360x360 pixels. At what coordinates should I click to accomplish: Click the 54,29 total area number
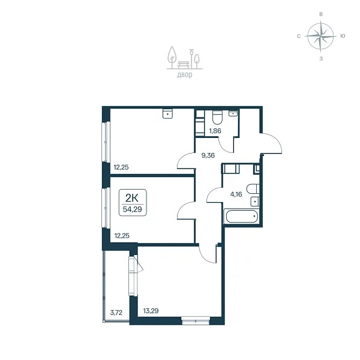pos(132,209)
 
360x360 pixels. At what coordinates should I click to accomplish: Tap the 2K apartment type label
pos(132,197)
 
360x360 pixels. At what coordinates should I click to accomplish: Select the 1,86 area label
pos(215,131)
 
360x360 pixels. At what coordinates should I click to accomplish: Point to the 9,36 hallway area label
pos(208,155)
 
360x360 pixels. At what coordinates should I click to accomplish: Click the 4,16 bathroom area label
pos(236,194)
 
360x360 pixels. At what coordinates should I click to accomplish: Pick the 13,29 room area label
pos(151,311)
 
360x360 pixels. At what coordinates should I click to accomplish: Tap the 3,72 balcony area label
pos(116,313)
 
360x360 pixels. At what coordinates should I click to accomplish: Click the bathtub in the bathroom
pos(242,216)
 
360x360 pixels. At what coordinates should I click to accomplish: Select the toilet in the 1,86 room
pos(217,118)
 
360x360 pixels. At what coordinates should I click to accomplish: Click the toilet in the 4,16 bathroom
pos(253,189)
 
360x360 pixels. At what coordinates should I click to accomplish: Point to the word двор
pos(185,75)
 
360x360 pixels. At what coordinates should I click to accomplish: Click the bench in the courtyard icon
pos(184,65)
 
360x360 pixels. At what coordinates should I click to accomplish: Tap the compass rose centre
pos(320,36)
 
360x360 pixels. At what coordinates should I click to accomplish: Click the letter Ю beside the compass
pos(343,36)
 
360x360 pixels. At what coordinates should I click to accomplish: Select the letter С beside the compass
pos(299,36)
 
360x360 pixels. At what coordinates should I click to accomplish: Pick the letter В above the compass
pos(321,14)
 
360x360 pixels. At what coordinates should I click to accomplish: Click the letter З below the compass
pos(321,59)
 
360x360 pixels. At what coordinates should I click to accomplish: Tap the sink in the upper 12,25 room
pos(167,113)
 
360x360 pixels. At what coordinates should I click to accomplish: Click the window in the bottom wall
pos(196,320)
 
